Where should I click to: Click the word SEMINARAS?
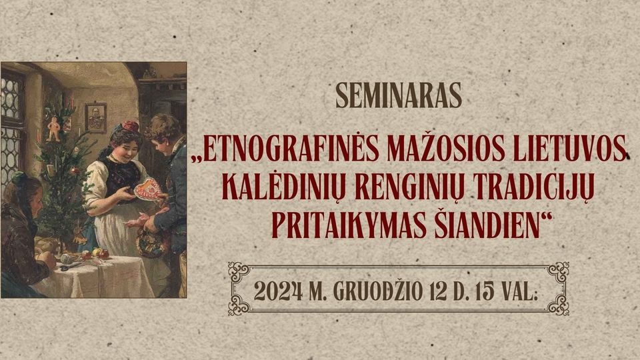click(x=399, y=95)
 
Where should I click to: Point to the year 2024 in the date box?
click(x=279, y=291)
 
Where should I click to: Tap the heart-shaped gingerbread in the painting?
click(x=147, y=190)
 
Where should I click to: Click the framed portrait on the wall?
click(x=96, y=117)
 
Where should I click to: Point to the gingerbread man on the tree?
click(x=53, y=129)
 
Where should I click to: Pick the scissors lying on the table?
click(x=70, y=266)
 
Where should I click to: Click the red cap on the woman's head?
click(x=130, y=126)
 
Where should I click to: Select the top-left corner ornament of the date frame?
click(x=239, y=272)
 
